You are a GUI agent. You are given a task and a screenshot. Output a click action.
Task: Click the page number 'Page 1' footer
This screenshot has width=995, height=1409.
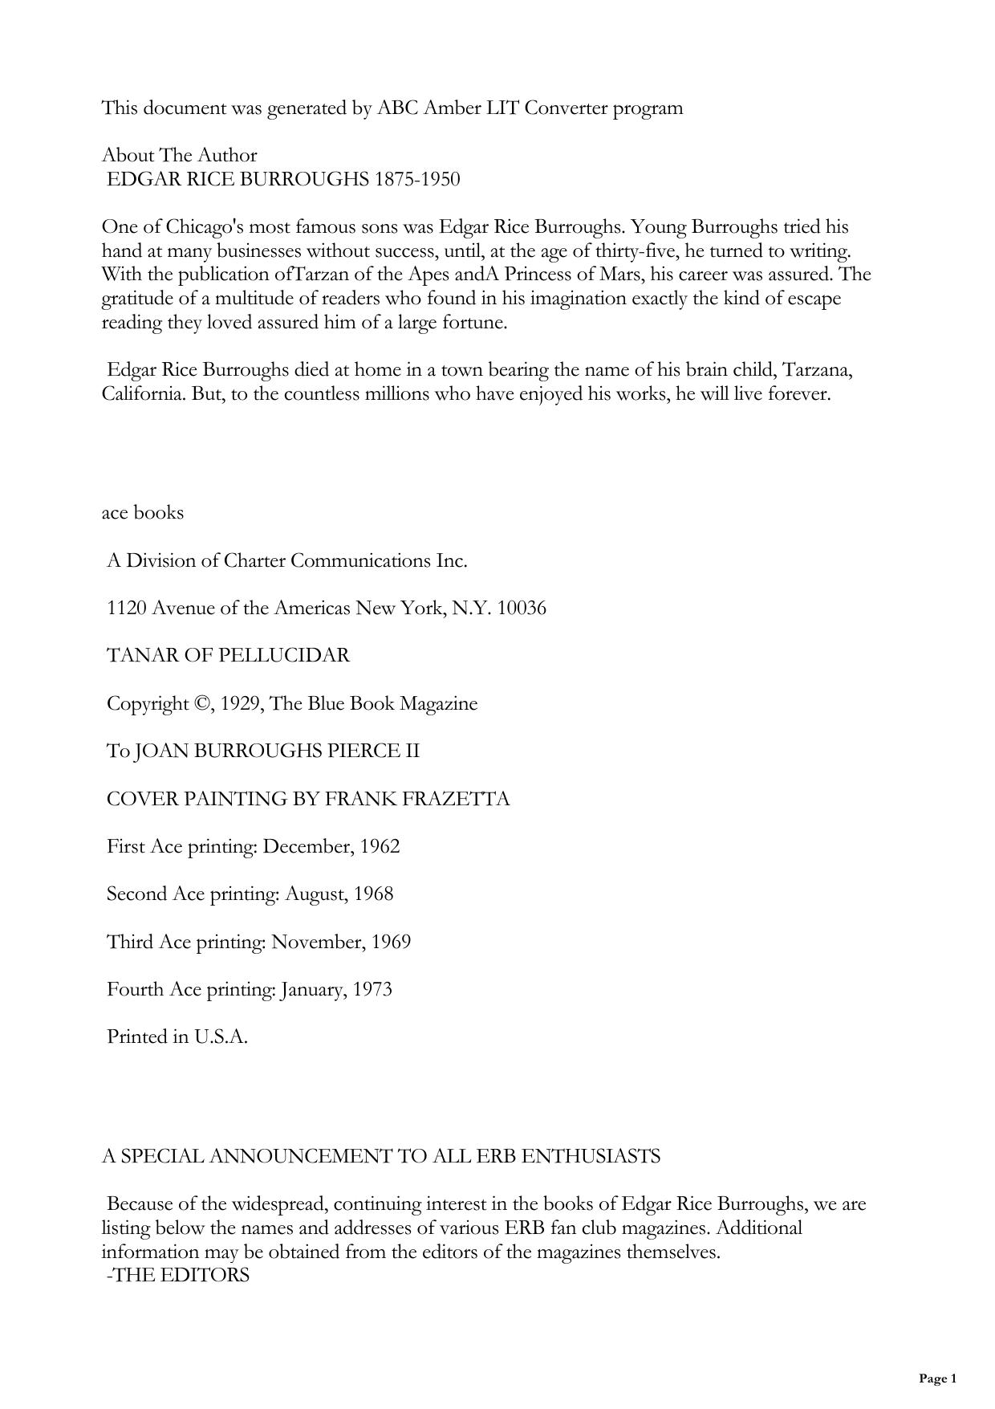(x=937, y=1378)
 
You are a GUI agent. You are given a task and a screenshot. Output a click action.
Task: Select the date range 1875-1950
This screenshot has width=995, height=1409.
(x=417, y=179)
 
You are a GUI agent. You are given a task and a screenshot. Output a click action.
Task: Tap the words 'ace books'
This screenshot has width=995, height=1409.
(x=143, y=512)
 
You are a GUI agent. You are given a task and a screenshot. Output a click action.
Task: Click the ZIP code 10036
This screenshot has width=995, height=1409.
(x=522, y=608)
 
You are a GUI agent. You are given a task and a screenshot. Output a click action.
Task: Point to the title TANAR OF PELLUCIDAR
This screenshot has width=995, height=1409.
(x=229, y=655)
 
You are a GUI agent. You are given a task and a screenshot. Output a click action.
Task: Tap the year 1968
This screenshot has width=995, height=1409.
(x=374, y=894)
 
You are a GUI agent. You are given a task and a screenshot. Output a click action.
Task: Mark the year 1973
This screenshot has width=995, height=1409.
(x=373, y=989)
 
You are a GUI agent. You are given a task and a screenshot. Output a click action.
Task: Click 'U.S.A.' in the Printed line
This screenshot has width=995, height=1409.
(x=221, y=1036)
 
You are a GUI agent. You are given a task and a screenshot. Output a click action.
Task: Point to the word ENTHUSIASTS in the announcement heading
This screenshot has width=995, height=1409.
(x=591, y=1156)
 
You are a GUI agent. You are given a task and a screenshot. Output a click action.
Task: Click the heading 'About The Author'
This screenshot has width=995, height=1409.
(x=179, y=155)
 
